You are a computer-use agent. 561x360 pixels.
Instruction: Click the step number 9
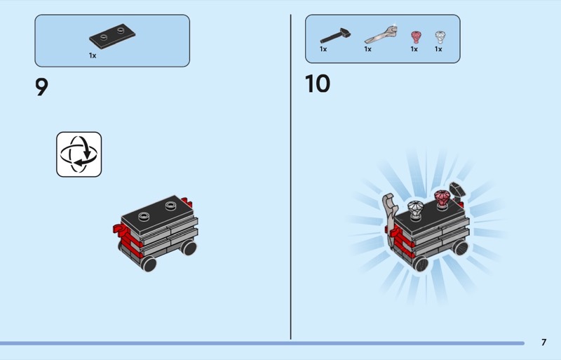41,87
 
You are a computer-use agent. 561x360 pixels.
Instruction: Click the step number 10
318,84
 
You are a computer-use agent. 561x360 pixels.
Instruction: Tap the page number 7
544,342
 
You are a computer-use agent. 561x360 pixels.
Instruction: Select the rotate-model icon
79,154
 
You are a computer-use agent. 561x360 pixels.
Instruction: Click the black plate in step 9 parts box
112,36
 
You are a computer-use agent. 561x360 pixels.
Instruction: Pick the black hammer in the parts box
335,35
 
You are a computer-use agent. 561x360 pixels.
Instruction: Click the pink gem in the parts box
416,37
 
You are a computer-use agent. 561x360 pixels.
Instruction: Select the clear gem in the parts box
440,37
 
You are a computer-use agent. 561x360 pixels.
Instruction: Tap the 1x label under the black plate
93,55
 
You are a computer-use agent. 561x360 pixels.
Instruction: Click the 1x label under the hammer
323,49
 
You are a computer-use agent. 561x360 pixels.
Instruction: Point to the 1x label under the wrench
367,49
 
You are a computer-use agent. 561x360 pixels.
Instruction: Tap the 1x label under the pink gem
414,49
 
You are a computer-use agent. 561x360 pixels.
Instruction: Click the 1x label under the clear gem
438,49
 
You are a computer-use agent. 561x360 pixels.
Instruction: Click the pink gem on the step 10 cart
442,199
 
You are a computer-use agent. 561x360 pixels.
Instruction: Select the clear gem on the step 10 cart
415,210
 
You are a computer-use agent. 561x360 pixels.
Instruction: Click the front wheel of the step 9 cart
148,263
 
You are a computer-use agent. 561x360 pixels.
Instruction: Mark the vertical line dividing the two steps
290,177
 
